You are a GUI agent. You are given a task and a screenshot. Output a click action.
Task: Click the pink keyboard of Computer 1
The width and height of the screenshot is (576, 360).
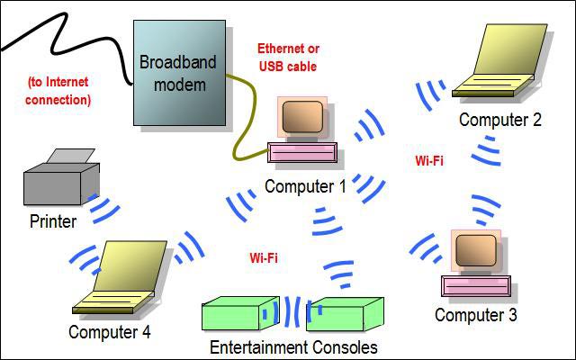tap(307, 152)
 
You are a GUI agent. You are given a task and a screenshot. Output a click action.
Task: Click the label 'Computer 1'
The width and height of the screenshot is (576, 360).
tap(305, 186)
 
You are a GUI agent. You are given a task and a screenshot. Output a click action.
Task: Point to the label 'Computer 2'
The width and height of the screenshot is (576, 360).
tap(499, 119)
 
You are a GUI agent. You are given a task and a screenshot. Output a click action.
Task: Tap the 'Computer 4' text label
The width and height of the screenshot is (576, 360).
tap(110, 332)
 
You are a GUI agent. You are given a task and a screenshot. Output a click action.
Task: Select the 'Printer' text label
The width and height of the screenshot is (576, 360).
tap(53, 221)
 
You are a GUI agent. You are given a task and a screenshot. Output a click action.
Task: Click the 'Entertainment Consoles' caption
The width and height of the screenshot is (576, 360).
tap(293, 347)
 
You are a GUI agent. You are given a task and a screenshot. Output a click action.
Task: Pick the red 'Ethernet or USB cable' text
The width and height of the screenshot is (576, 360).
tap(288, 57)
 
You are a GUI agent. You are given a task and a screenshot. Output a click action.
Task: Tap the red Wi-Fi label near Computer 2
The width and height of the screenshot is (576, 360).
tap(428, 162)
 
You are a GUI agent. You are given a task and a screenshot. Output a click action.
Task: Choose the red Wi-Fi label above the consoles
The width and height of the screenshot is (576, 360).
tap(263, 257)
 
